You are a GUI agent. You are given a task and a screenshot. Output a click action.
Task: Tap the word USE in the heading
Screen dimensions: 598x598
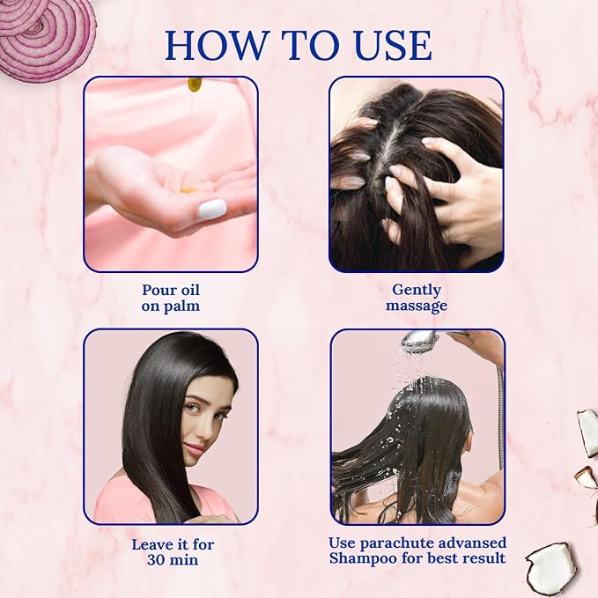(388, 45)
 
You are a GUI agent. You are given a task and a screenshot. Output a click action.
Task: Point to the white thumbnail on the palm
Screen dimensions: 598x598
(212, 209)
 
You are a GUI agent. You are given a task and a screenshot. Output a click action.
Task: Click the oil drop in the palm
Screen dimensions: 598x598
(188, 189)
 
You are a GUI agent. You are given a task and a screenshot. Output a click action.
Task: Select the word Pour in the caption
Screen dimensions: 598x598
(155, 291)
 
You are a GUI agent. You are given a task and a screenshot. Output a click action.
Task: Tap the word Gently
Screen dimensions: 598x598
(417, 291)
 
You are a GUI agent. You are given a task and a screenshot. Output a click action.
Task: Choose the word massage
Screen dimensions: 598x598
(417, 306)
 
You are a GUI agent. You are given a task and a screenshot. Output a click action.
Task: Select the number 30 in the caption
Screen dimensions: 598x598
(157, 560)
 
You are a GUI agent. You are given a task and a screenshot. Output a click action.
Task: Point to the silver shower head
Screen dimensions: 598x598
(422, 341)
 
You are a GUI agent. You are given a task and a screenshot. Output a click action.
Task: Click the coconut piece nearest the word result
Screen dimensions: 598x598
(551, 570)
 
